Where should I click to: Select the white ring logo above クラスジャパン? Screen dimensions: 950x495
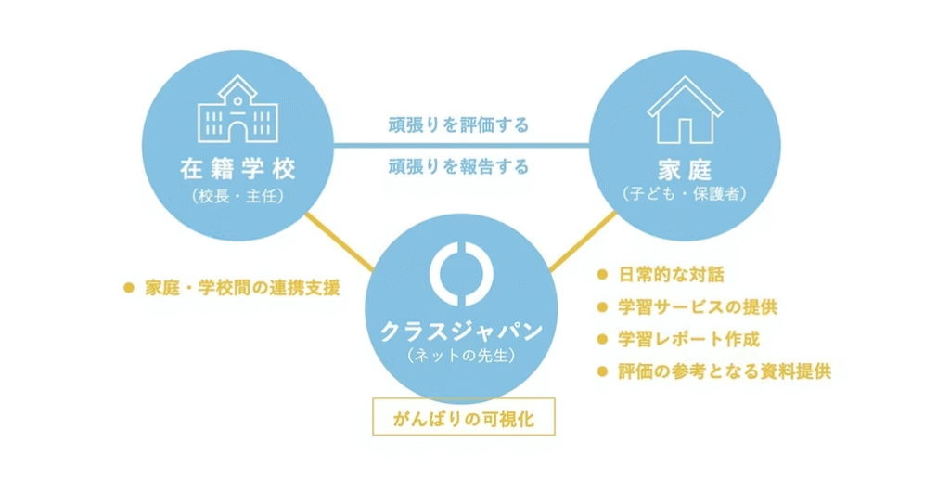[462, 274]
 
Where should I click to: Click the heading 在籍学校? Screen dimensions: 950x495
[238, 169]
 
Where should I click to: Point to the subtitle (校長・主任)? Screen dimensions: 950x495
[238, 197]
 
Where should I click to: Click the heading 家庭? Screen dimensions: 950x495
[685, 170]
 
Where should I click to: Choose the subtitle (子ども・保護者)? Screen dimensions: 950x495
[685, 194]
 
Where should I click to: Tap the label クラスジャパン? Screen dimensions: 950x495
[462, 332]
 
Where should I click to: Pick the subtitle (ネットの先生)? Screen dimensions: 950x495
[462, 355]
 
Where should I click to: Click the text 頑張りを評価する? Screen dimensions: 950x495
[458, 125]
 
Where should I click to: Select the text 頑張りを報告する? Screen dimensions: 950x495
[458, 166]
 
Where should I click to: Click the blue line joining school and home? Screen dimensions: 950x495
[461, 146]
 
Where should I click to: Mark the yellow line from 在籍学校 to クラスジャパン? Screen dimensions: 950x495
[340, 242]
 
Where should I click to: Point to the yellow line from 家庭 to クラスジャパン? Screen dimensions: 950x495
[583, 241]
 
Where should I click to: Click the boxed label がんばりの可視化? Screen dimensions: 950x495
[464, 417]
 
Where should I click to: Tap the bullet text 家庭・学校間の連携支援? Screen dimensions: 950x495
[242, 288]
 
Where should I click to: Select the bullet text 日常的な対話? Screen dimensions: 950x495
[672, 275]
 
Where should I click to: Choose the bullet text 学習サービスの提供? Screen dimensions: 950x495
[698, 307]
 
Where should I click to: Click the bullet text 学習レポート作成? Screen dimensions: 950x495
[689, 339]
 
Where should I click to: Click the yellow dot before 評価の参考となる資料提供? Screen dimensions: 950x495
[602, 371]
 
